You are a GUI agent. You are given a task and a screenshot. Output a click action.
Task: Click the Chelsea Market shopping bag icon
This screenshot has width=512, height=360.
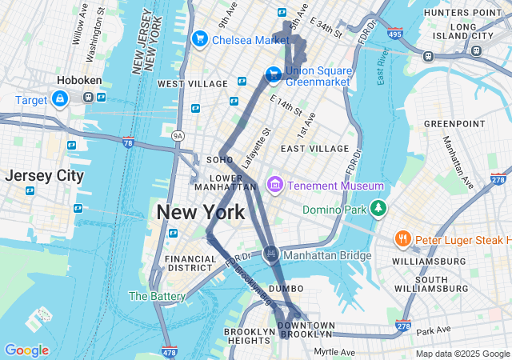199,38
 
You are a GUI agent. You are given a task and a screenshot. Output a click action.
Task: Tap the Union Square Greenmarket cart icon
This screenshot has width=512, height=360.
273,74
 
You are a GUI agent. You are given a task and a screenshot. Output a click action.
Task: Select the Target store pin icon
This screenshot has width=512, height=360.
60,98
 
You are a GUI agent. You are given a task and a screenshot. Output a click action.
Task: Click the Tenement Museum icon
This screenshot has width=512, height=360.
275,186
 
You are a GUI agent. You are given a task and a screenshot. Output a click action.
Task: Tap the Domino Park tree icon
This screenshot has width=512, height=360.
378,210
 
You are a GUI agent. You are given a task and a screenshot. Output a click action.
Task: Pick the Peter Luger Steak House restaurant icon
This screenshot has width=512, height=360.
402,239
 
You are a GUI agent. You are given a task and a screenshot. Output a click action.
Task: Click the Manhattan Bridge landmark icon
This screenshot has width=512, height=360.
271,254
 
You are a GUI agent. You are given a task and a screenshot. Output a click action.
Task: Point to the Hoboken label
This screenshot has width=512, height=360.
77,81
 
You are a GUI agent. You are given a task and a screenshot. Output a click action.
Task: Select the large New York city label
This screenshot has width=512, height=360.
200,213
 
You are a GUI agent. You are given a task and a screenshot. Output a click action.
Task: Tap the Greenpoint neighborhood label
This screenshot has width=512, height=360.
454,124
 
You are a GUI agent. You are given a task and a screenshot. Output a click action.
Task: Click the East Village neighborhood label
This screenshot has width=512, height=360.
314,149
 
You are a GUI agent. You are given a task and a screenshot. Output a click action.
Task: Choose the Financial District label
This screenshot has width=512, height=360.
190,265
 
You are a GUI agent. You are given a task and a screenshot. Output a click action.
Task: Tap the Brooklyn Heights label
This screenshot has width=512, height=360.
250,337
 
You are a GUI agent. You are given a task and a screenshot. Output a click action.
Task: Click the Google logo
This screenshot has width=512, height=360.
26,350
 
